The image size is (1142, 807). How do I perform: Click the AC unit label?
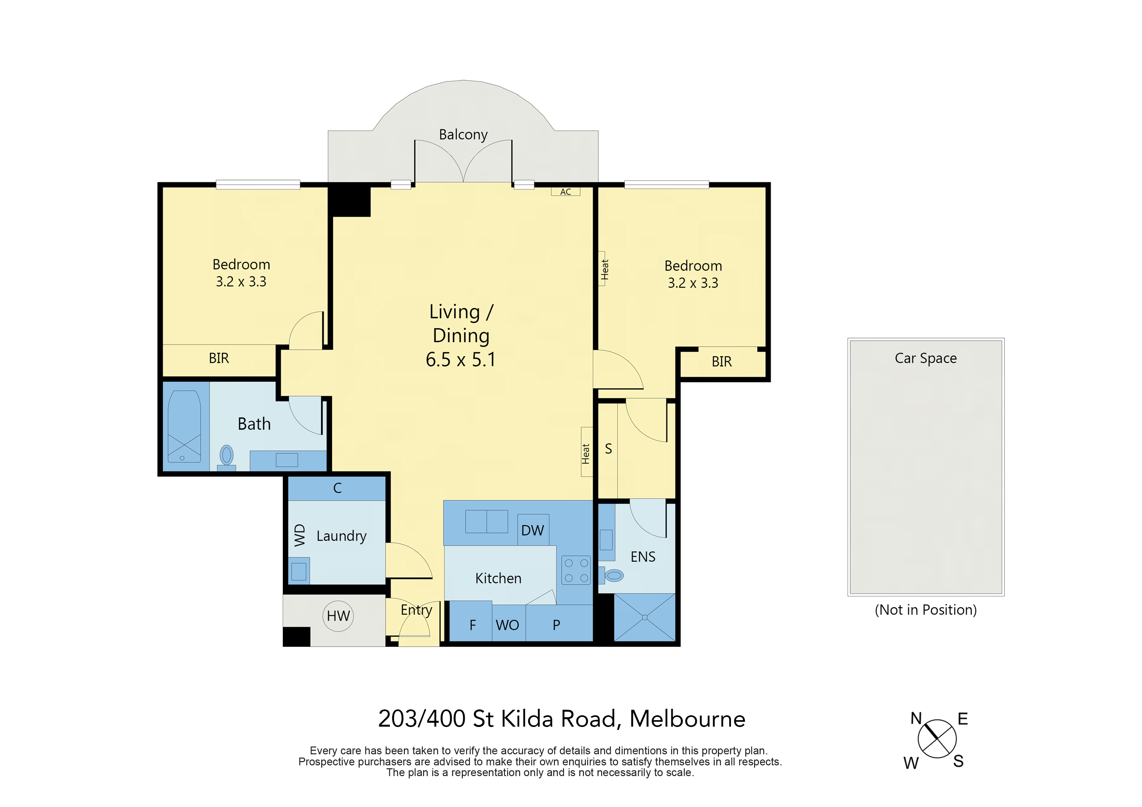pyautogui.click(x=566, y=192)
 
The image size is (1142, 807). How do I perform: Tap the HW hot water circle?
pyautogui.click(x=338, y=616)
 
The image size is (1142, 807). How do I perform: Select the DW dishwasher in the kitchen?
pyautogui.click(x=533, y=530)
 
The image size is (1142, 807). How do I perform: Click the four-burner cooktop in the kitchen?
pyautogui.click(x=576, y=570)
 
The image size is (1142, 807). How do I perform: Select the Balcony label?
pyautogui.click(x=463, y=135)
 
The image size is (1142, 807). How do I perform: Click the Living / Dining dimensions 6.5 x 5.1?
pyautogui.click(x=461, y=359)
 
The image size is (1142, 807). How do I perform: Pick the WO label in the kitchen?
pyautogui.click(x=507, y=625)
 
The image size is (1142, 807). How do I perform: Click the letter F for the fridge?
pyautogui.click(x=473, y=625)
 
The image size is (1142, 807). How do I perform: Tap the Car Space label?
pyautogui.click(x=926, y=358)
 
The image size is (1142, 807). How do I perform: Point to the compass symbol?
pyautogui.click(x=937, y=739)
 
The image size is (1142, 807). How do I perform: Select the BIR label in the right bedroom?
pyautogui.click(x=722, y=362)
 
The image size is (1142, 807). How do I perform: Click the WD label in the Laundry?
pyautogui.click(x=299, y=535)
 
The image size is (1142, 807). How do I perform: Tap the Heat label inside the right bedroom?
pyautogui.click(x=604, y=269)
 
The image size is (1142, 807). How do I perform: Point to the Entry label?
pyautogui.click(x=416, y=611)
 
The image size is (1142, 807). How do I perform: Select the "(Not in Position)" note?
pyautogui.click(x=926, y=610)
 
